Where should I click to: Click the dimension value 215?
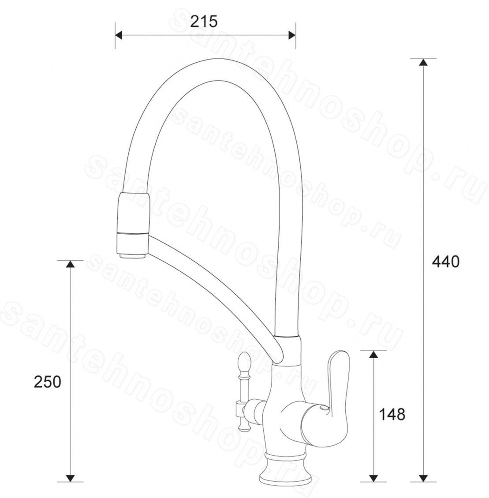point(204,22)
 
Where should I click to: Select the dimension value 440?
point(445,262)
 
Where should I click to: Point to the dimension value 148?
point(392,414)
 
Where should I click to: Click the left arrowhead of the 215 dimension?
point(119,35)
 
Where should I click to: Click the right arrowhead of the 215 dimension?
point(292,35)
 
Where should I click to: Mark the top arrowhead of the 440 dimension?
point(422,63)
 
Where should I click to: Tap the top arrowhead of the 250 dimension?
point(70,264)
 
